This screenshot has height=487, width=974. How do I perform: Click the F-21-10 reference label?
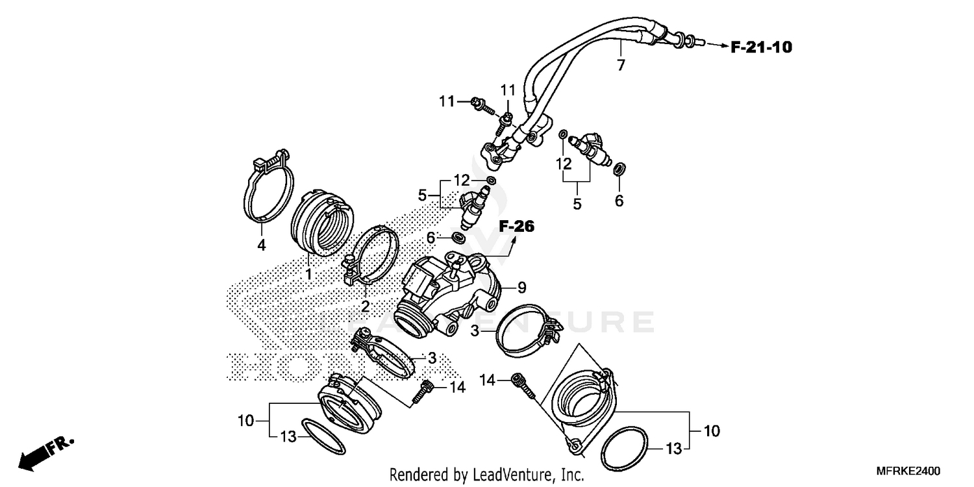761,47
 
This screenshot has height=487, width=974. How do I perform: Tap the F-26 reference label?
516,227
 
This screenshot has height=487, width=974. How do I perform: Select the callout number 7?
621,65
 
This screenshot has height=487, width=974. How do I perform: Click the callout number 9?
521,286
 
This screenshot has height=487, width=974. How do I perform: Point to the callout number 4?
262,245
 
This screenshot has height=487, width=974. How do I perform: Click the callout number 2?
365,306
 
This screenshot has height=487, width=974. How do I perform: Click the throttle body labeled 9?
448,292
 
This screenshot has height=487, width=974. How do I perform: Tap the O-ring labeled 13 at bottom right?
625,448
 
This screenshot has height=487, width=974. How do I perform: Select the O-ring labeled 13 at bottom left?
325,438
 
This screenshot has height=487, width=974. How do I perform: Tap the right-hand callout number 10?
712,431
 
